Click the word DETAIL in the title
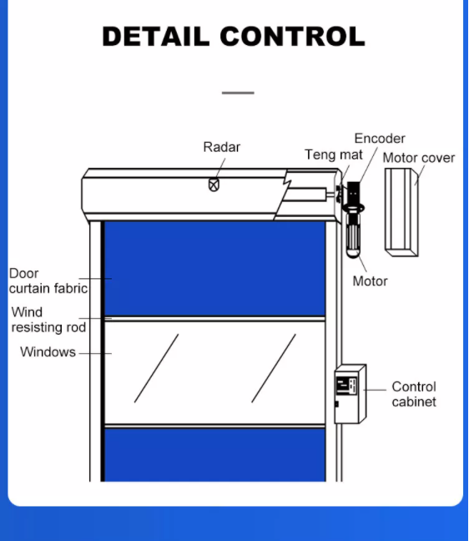(x=156, y=37)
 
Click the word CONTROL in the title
(x=292, y=37)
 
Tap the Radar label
(x=222, y=147)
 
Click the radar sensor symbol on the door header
(x=214, y=185)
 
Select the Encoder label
(x=380, y=139)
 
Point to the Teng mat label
(x=334, y=155)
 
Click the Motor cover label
(x=419, y=158)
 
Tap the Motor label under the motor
(x=370, y=281)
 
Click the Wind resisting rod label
(x=48, y=320)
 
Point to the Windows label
(x=48, y=352)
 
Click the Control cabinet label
(x=414, y=394)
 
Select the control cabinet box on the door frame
(x=350, y=393)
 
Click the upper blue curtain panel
(x=214, y=267)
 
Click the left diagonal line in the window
(x=156, y=368)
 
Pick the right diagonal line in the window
(x=274, y=368)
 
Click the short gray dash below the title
(x=238, y=93)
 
